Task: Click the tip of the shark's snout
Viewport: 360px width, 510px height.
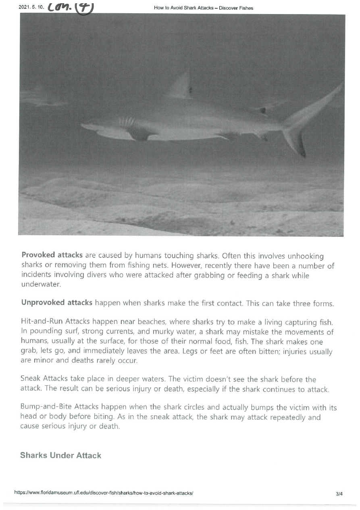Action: [x=82, y=126]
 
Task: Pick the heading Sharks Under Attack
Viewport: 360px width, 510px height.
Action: [x=60, y=455]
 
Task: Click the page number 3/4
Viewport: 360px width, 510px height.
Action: [x=339, y=493]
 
